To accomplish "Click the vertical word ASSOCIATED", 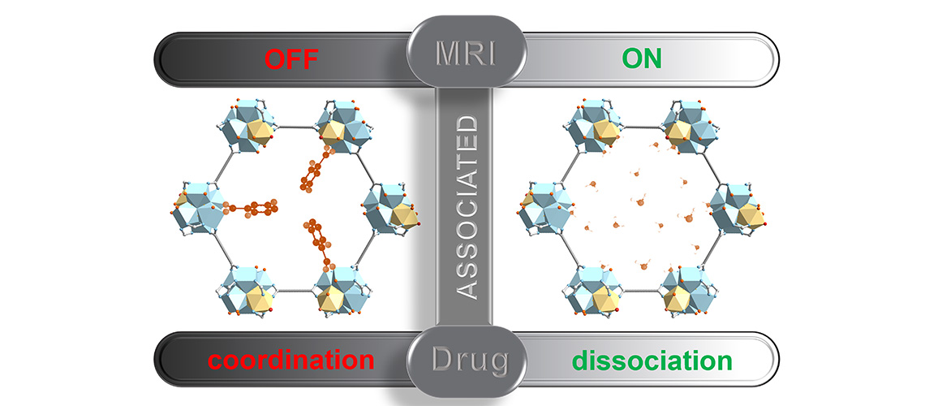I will click(464, 207).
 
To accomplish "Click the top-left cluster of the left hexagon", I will click(248, 127).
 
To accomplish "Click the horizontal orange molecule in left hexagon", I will click(252, 209).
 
